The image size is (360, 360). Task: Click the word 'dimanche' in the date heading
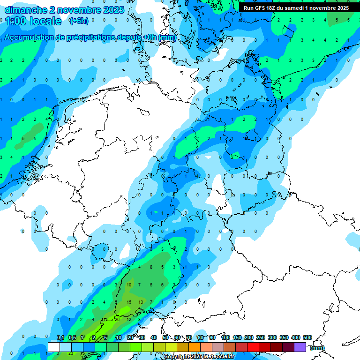click(22, 9)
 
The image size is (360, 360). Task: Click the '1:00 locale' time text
click(33, 21)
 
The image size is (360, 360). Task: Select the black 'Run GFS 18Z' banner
click(296, 8)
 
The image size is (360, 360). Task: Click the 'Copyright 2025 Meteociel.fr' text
click(199, 357)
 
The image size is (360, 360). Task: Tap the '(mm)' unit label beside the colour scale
click(317, 348)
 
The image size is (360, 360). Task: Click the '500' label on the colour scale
click(307, 338)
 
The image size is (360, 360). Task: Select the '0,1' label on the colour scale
click(60, 338)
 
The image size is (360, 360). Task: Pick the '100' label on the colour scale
click(225, 338)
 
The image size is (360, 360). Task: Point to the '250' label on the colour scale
click(261, 338)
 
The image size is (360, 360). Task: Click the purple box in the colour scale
click(300, 347)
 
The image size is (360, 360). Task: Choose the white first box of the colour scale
click(53, 347)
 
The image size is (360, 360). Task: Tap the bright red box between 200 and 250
click(253, 347)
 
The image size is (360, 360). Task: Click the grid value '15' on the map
click(129, 302)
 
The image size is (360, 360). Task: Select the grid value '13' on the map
click(140, 302)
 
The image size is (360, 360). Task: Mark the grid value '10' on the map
click(129, 285)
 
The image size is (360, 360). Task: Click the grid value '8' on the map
click(151, 267)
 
